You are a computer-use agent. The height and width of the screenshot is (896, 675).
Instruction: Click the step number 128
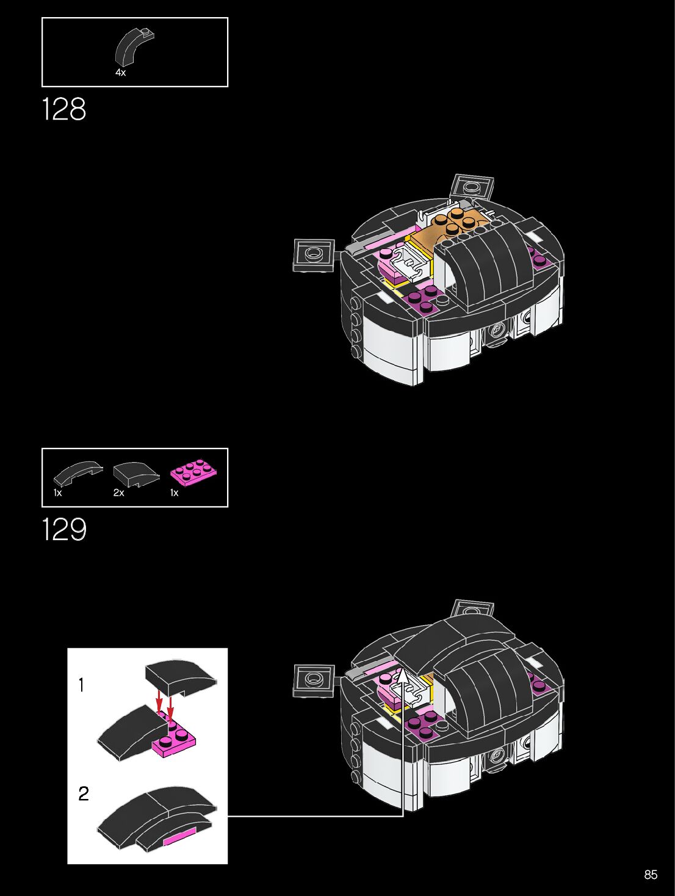coord(64,110)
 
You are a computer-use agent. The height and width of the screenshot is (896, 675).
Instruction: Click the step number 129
coord(64,529)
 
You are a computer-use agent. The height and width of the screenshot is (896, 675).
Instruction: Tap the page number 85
coord(651,875)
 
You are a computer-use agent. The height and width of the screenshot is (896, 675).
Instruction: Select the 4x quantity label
coord(120,73)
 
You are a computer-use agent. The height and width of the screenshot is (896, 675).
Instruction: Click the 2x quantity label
coord(118,493)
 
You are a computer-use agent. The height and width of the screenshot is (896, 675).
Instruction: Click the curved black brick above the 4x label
coord(134,46)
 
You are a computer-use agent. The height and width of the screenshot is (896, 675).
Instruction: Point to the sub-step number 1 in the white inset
coord(81,685)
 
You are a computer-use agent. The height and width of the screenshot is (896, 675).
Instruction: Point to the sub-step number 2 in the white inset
coord(84,793)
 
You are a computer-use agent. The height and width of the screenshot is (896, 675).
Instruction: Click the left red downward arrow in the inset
coord(159,703)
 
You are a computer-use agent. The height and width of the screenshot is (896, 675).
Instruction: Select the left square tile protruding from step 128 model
coord(314,255)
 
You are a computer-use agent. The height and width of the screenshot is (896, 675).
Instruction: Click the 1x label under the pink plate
coord(174,493)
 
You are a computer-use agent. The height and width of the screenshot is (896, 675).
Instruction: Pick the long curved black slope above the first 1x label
coord(78,472)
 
